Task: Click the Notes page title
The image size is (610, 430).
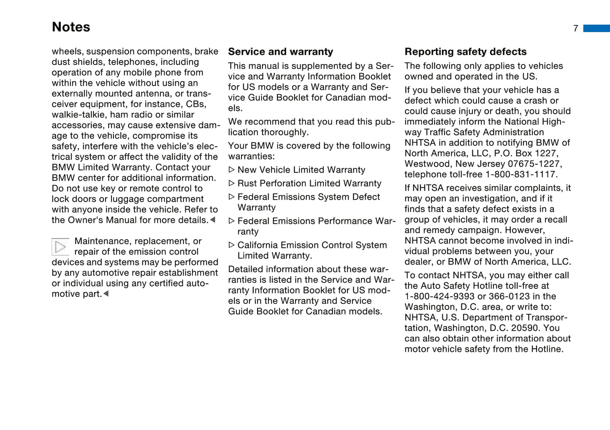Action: [71, 27]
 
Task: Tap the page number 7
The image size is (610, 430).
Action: [575, 29]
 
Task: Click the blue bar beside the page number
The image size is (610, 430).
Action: [596, 28]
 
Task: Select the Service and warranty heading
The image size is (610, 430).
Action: [280, 52]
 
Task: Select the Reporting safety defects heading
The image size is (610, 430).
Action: [465, 52]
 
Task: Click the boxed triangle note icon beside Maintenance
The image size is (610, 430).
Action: [60, 247]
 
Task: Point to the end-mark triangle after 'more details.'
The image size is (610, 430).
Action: [213, 220]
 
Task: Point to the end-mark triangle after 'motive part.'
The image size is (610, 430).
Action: [106, 294]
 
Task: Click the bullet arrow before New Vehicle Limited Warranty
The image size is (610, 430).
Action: [231, 170]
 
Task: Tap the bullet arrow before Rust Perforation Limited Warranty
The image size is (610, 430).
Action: [231, 184]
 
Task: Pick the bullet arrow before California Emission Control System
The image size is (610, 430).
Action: [231, 245]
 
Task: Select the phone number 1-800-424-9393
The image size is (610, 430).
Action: [439, 297]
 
